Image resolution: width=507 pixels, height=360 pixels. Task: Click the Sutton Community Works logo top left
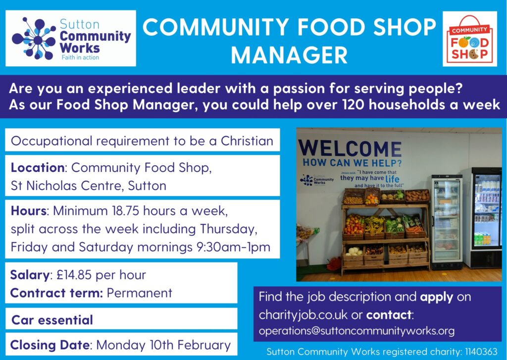click(71, 38)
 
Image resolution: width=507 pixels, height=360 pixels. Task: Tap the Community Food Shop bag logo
click(469, 39)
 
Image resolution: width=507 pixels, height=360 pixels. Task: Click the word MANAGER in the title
click(289, 55)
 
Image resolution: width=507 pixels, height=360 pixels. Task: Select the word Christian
click(247, 141)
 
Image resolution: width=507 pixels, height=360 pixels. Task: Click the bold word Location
click(38, 167)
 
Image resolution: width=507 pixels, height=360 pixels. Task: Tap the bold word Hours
click(28, 210)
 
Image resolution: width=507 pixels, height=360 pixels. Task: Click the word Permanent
click(139, 293)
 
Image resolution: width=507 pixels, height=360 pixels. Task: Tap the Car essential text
click(52, 320)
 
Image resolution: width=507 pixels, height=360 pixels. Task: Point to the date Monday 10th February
click(163, 345)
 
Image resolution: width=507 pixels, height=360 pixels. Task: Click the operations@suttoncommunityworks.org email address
click(356, 331)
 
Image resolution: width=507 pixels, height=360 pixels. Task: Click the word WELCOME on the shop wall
click(350, 149)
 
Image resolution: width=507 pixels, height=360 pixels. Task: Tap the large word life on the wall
click(392, 179)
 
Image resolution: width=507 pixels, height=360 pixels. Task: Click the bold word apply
click(437, 297)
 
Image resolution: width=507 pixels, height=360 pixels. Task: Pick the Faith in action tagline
click(80, 57)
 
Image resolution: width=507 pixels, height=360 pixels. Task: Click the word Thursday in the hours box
click(229, 229)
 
